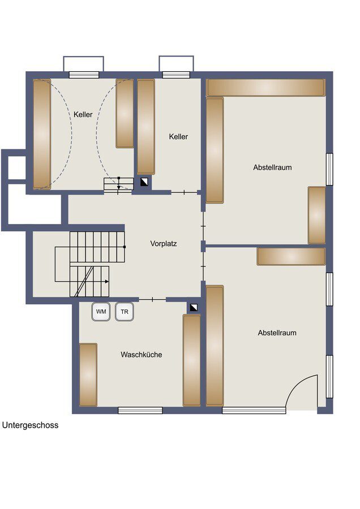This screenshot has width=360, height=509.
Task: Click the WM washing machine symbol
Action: (101, 312)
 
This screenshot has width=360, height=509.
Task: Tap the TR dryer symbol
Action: (124, 312)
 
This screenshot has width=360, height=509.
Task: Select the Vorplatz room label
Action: (164, 244)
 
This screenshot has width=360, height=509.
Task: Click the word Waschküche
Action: (141, 355)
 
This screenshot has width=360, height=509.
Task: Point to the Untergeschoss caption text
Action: (30, 425)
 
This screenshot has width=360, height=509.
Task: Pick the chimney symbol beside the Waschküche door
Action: (194, 308)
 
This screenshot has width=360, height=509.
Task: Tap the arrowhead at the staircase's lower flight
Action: (106, 281)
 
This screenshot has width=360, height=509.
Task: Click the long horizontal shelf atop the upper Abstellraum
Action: (265, 88)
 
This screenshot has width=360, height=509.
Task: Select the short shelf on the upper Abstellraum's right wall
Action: (316, 215)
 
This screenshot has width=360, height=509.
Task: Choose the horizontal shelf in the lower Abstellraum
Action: (291, 256)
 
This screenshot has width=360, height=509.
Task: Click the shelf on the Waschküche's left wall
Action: (88, 374)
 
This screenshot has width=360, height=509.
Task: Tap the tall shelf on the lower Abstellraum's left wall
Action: (215, 346)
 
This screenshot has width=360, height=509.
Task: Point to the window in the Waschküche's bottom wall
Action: (140, 410)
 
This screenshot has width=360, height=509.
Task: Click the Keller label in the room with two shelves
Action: (83, 114)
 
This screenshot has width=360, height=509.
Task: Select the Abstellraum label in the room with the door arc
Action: (277, 333)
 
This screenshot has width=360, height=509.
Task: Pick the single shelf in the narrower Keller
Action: (146, 127)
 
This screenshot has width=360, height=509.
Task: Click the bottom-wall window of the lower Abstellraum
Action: (254, 410)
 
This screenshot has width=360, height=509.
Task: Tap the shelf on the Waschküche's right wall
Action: (191, 360)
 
